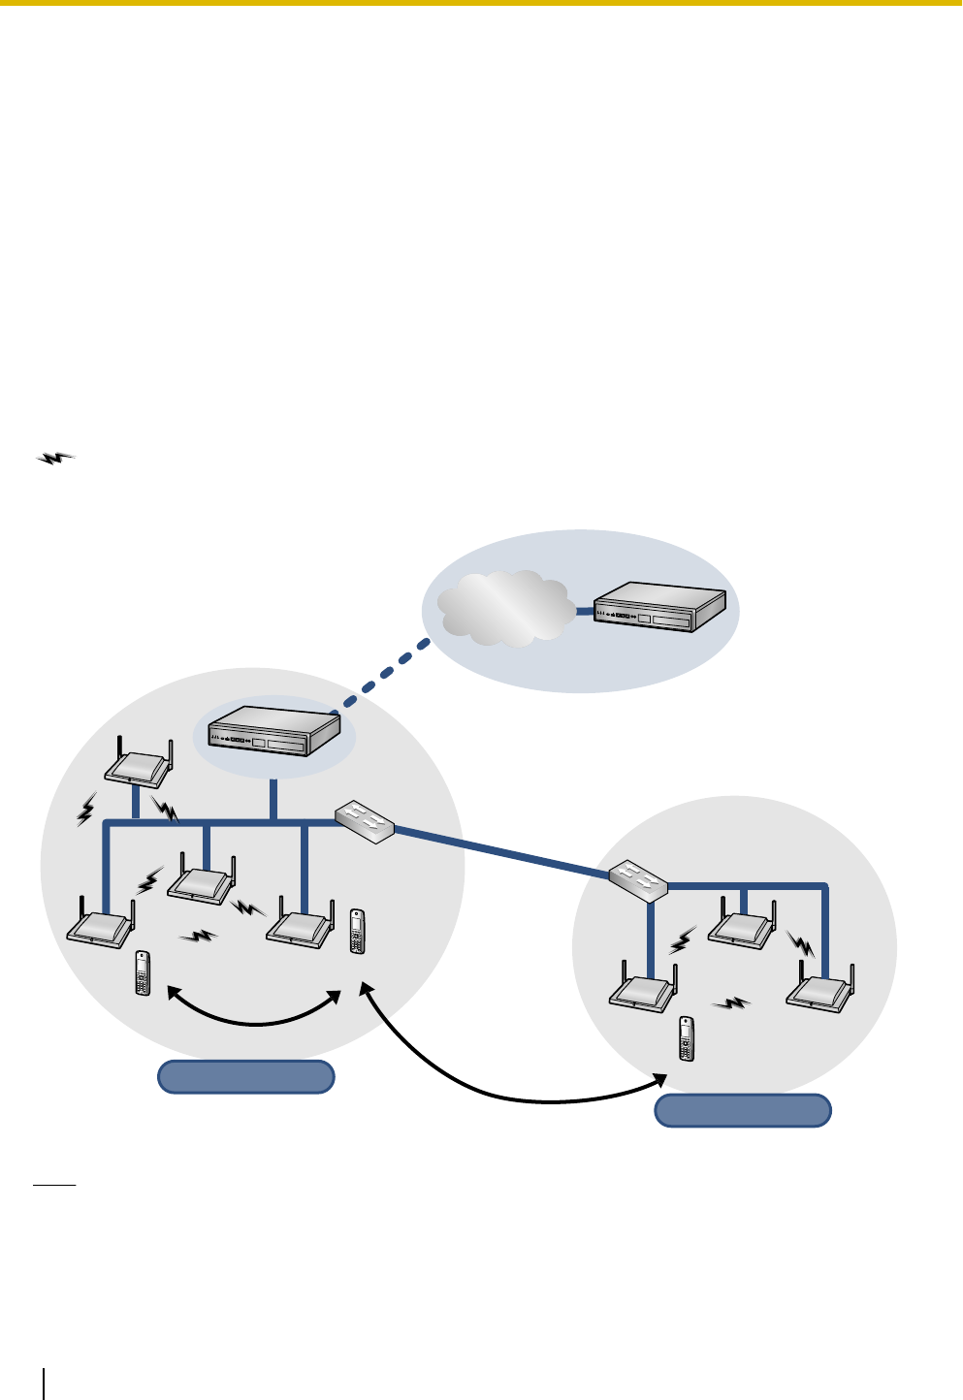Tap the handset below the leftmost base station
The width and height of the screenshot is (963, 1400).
click(x=143, y=972)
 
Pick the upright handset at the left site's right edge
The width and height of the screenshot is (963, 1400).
click(x=357, y=931)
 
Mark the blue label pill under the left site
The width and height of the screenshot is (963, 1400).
click(x=246, y=1077)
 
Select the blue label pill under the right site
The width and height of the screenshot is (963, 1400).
click(x=743, y=1110)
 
